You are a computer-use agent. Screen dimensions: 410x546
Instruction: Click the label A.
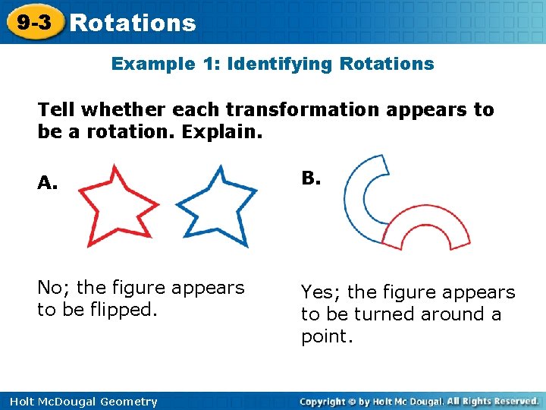coord(48,183)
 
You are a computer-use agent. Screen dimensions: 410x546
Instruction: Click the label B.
coord(311,178)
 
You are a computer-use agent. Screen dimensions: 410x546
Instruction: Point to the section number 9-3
coord(35,23)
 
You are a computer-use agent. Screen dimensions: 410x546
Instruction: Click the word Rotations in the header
coord(133,24)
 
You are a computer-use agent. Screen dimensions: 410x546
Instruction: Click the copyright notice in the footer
coord(419,401)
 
